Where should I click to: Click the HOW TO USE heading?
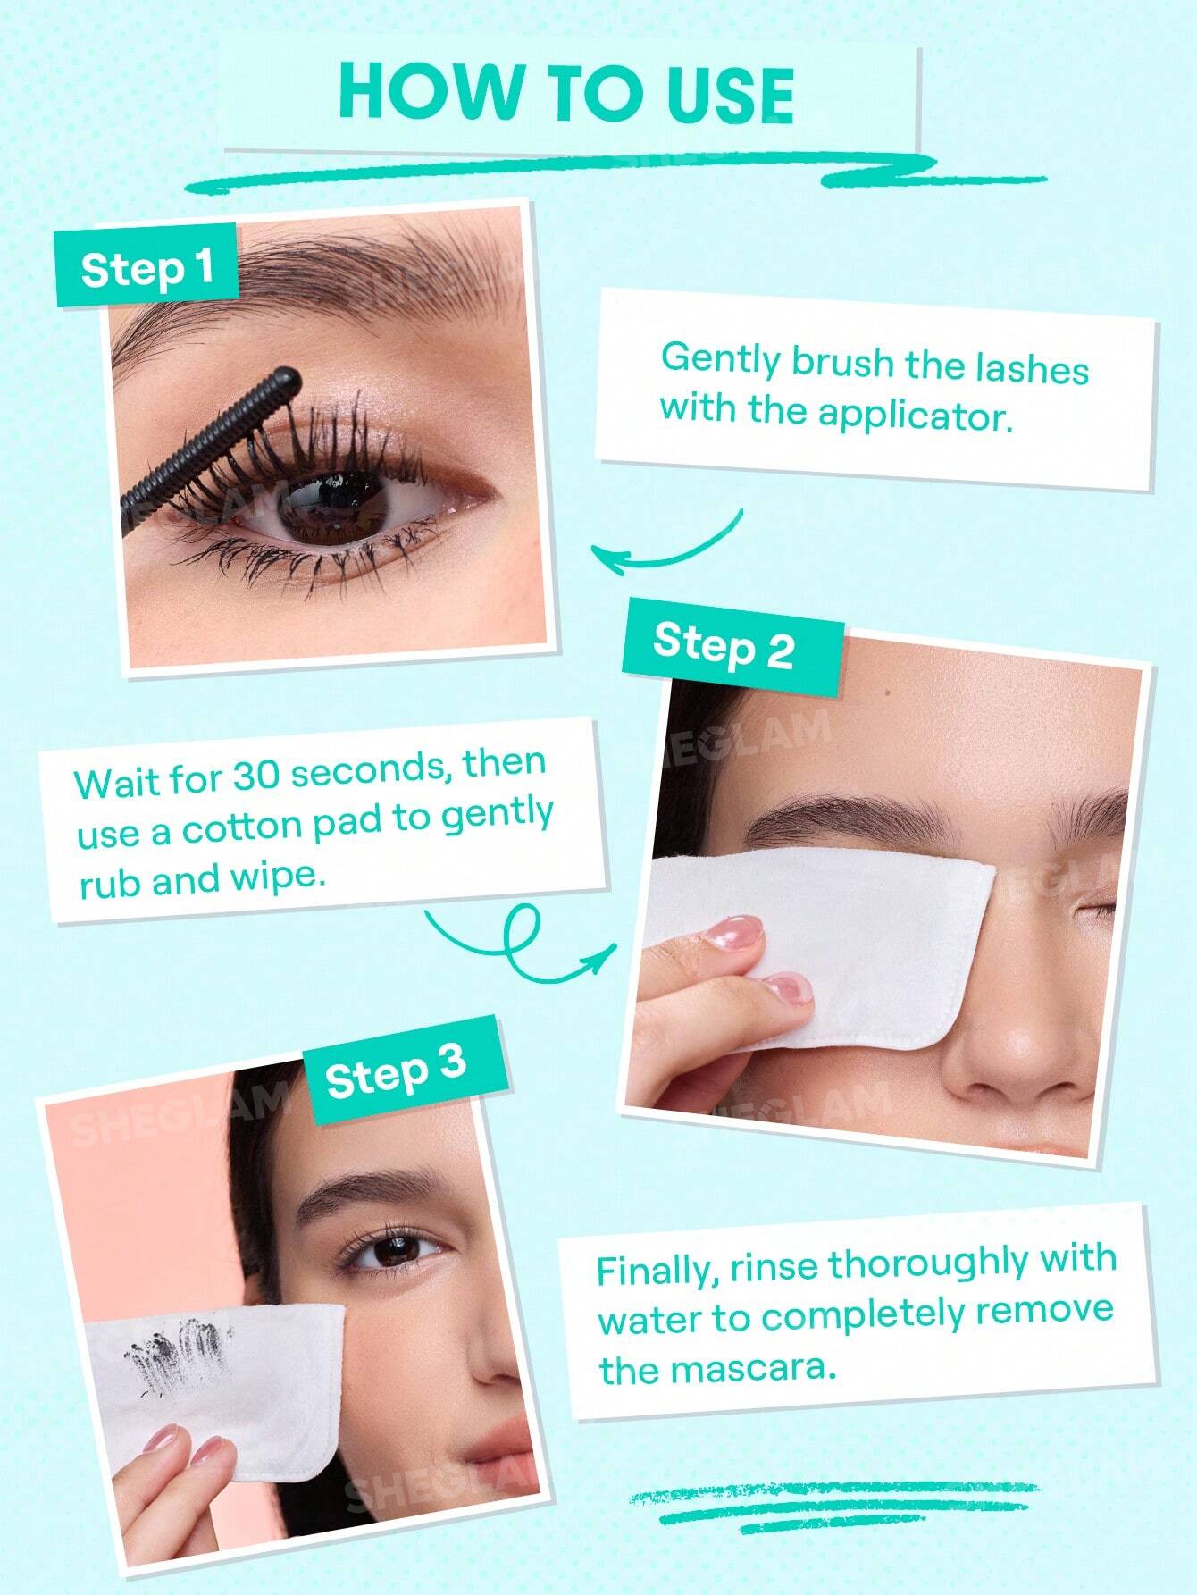coord(566,93)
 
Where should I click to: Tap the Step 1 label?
coord(146,267)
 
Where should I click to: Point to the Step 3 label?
coord(396,1070)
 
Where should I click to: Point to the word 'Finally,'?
coord(658,1272)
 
